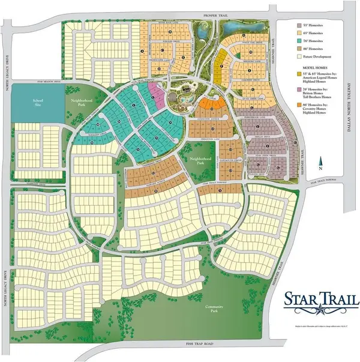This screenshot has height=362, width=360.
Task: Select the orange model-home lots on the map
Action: (x=209, y=102)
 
